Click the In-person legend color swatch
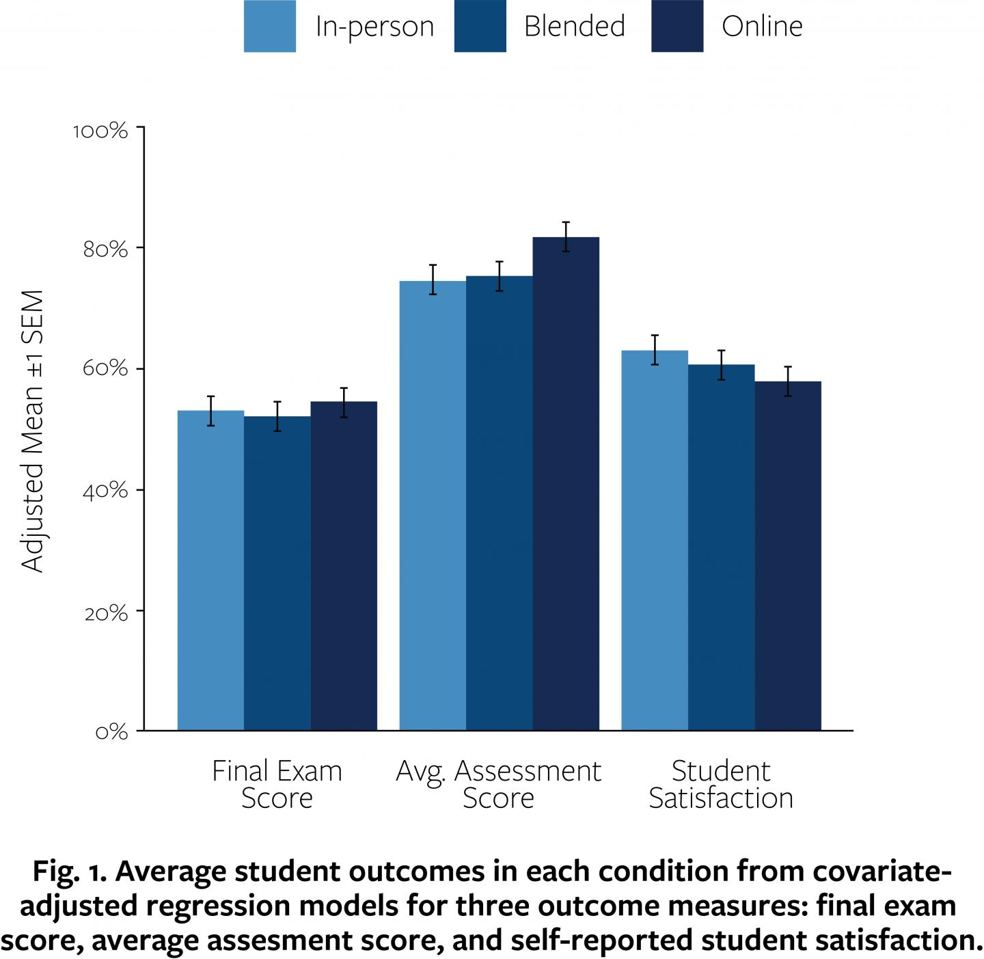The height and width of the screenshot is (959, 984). [x=270, y=26]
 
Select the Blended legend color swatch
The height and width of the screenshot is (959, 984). [x=480, y=26]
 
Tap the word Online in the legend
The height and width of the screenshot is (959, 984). [x=762, y=27]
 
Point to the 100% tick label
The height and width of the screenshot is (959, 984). [x=100, y=131]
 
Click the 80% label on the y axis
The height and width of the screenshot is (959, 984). [x=105, y=249]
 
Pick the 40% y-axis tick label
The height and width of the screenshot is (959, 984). [x=105, y=491]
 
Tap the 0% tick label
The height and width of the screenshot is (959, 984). [x=111, y=732]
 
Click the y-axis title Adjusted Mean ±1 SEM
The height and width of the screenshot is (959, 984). [x=33, y=431]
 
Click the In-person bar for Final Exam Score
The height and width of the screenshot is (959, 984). [x=210, y=571]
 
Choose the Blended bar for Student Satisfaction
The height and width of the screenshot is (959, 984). [x=721, y=548]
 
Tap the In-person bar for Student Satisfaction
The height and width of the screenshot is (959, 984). [x=655, y=541]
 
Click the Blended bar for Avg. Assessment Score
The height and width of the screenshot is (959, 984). [x=500, y=503]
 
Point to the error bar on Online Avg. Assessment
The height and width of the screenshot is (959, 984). [x=566, y=237]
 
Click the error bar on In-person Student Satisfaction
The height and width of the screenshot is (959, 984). [x=655, y=350]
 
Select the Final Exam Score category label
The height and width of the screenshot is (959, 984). [x=277, y=784]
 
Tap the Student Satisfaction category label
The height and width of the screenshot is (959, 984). [x=721, y=784]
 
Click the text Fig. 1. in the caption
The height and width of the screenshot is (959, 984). [x=68, y=872]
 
